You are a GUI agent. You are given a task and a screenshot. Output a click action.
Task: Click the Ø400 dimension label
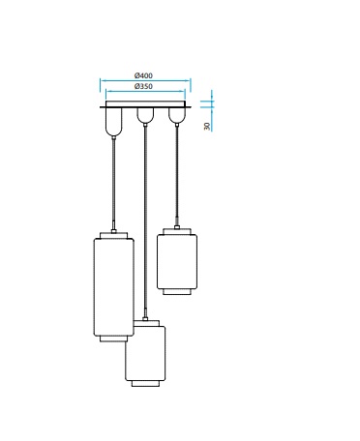pos(143,75)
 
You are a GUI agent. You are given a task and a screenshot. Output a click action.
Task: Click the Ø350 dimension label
pos(143,86)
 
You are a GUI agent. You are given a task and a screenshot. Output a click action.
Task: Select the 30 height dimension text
pos(207,126)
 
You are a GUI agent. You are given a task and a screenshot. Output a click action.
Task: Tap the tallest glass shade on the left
pos(113,287)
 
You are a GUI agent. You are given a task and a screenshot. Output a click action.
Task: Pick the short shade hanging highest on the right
pos(177,261)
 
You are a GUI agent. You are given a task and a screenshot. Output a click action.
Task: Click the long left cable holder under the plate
pos(113,121)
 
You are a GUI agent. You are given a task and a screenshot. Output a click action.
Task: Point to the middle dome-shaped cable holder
pos(145,115)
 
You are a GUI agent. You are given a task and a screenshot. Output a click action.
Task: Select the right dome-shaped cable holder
pos(177,115)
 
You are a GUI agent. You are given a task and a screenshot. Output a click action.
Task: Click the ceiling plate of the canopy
pos(145,104)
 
